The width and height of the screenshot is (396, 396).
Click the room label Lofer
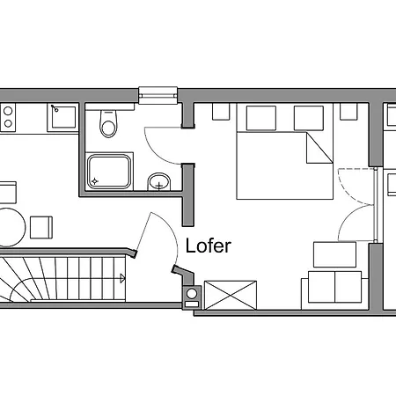click(x=209, y=246)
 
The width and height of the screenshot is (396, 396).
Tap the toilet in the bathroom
click(x=108, y=123)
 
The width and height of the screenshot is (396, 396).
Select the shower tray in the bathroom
click(x=109, y=172)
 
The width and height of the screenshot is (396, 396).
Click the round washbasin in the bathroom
click(x=158, y=181)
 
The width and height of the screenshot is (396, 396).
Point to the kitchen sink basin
click(x=63, y=117)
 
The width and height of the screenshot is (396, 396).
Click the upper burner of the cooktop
click(x=8, y=111)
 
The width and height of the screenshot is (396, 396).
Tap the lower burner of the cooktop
click(x=8, y=123)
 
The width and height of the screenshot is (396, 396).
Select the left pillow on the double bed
click(x=261, y=118)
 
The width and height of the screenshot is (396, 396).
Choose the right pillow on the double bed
click(x=309, y=118)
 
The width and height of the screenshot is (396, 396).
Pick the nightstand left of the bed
click(x=221, y=112)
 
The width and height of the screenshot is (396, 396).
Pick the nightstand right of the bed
click(x=348, y=112)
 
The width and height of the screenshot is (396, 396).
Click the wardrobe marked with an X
click(x=231, y=295)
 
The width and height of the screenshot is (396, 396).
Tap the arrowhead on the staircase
click(x=122, y=278)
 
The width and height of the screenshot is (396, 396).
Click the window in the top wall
click(x=158, y=95)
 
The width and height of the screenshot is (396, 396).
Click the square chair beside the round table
click(x=41, y=227)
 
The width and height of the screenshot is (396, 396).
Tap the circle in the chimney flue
click(x=192, y=294)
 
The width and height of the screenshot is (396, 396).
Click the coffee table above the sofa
click(x=334, y=254)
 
